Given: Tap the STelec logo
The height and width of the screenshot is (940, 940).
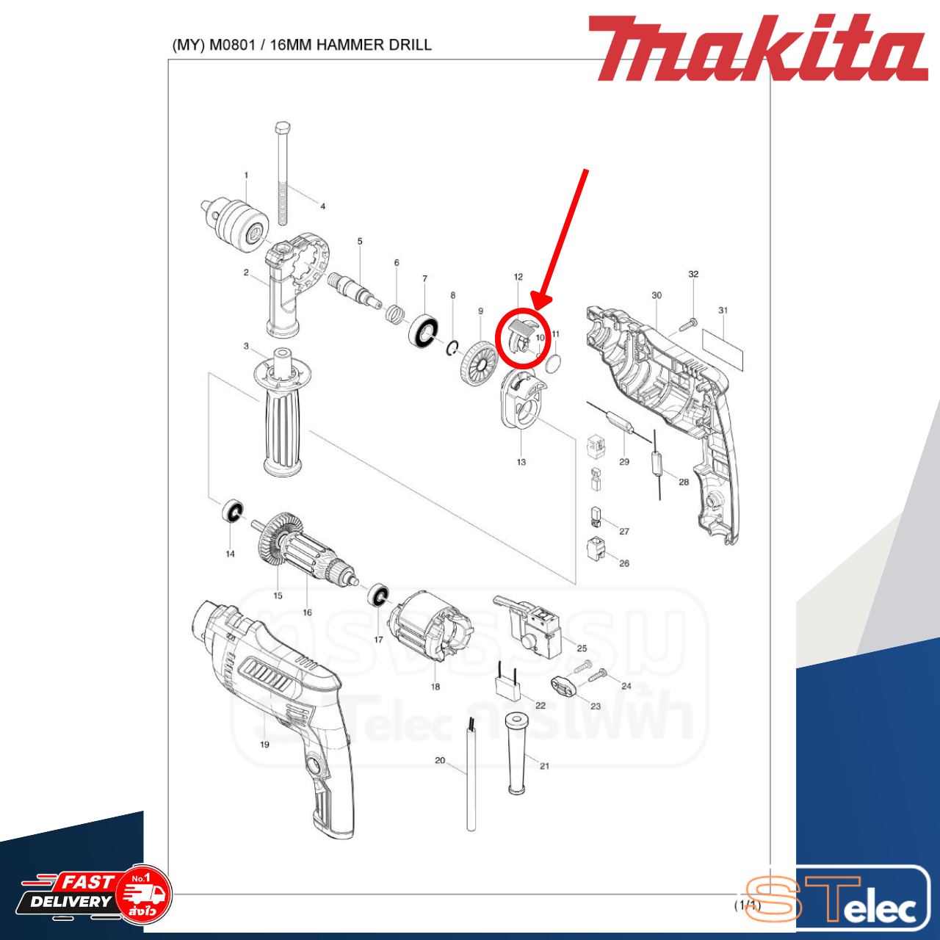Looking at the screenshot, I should tap(837, 900).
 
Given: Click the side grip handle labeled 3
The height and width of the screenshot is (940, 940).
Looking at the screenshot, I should tap(281, 419).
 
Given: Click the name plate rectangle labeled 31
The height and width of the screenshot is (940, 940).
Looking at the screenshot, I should tap(723, 350).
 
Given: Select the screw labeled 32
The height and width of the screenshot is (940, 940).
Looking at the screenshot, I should tap(690, 322).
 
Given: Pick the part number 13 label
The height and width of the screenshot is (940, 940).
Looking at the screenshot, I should tap(521, 462).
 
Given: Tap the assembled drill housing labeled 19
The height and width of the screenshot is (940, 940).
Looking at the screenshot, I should tap(279, 705).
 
